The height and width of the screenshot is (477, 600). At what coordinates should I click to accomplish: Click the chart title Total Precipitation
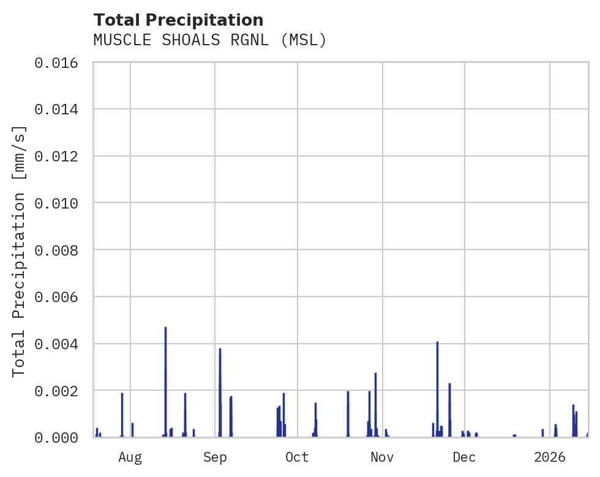(178, 20)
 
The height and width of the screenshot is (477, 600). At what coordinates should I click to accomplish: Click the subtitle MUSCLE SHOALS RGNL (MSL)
(210, 40)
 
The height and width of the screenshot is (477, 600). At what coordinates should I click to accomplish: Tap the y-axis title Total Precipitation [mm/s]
(19, 250)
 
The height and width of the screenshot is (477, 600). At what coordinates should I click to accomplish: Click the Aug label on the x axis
(130, 457)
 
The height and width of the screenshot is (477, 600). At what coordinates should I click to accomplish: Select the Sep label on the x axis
(215, 457)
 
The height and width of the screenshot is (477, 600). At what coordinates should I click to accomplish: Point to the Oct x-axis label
(297, 457)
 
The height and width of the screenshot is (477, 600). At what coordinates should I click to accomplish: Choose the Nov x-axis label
(382, 457)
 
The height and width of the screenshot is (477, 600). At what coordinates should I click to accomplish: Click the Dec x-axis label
(464, 457)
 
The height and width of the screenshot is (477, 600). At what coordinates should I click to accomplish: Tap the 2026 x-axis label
(549, 457)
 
